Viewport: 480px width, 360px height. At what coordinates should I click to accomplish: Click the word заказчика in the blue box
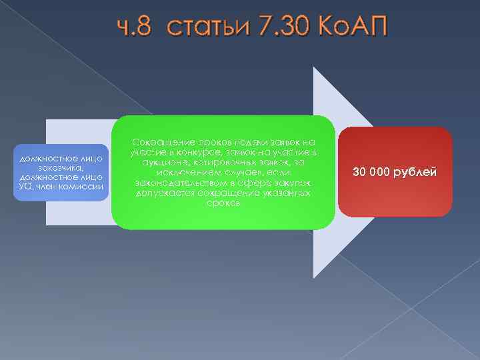coord(61,168)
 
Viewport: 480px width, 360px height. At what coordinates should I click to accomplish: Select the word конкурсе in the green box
coord(201,153)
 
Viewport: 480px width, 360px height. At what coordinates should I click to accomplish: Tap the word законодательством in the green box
coord(177,183)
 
